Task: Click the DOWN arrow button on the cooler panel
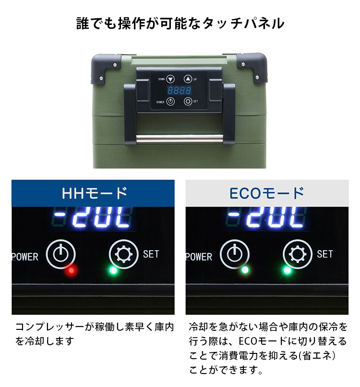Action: [170, 79]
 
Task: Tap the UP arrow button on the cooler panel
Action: [188, 79]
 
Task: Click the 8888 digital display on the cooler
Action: [179, 90]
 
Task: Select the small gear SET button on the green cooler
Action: [188, 101]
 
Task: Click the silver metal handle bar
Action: [180, 138]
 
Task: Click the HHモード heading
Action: [95, 193]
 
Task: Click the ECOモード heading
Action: [267, 193]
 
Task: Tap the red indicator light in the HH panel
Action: [72, 270]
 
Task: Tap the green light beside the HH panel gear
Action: [113, 270]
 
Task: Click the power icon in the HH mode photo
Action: [60, 254]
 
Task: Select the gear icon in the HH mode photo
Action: [124, 254]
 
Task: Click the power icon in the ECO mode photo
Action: [234, 254]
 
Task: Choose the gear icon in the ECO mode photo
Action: [297, 254]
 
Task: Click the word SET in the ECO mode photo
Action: [324, 254]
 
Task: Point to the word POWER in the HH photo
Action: [25, 257]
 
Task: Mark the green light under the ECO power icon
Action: [245, 270]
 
